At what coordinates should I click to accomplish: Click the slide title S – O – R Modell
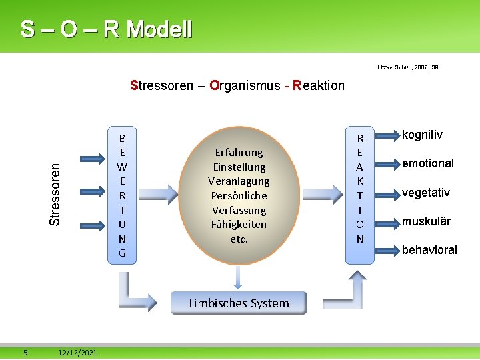pos(106,29)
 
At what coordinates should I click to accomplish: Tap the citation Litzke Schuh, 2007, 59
pos(408,67)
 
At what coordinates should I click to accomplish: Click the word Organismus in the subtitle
pos(244,85)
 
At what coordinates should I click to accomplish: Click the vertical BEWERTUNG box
pos(122,195)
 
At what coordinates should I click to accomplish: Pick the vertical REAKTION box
pos(360,189)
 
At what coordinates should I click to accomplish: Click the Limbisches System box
pos(239,303)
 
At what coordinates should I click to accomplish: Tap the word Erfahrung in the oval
pos(239,152)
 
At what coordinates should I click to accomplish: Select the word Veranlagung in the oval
pos(239,181)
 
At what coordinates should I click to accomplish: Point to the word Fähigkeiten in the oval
pos(239,224)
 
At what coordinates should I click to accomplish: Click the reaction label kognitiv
pos(422,135)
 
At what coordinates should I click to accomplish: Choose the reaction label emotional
pos(427,163)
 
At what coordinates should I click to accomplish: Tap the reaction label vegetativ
pos(425,193)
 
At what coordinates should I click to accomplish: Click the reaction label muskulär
pos(426,221)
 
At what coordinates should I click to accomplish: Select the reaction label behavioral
pos(429,250)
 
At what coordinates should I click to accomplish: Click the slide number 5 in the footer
pos(25,352)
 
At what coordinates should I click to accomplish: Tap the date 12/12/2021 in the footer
pos(77,352)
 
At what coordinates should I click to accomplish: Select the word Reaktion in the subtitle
pos(319,85)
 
